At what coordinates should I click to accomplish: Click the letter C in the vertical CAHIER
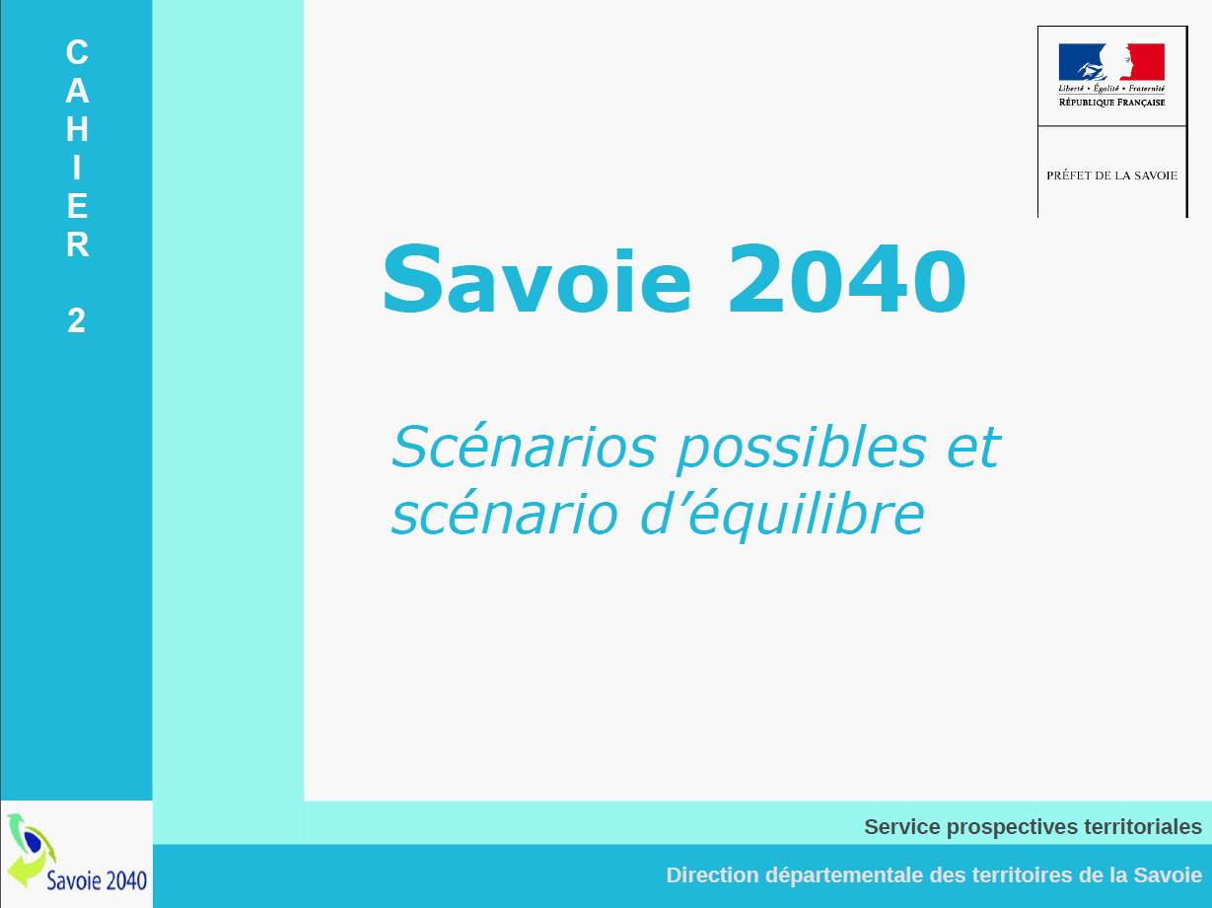click(x=77, y=52)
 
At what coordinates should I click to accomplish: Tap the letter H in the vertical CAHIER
click(x=77, y=128)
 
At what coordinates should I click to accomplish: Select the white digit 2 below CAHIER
click(x=77, y=320)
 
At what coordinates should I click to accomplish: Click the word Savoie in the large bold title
click(x=536, y=279)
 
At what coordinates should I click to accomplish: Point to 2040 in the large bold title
click(x=847, y=279)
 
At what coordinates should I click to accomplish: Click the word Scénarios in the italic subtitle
click(x=524, y=447)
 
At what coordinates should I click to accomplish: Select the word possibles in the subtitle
click(x=801, y=449)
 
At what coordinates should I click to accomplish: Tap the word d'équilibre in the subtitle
click(x=782, y=515)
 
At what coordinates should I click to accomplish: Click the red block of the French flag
click(x=1147, y=62)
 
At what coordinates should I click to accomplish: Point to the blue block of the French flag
click(x=1077, y=62)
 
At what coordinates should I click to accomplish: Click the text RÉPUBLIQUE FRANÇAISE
click(x=1111, y=103)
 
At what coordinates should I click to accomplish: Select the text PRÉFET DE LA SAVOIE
click(x=1112, y=175)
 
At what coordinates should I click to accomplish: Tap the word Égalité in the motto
click(x=1105, y=89)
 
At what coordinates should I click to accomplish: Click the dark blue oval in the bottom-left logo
click(x=34, y=842)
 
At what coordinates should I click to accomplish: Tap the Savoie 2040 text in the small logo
click(x=97, y=879)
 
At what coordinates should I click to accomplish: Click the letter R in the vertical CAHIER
click(x=77, y=244)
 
